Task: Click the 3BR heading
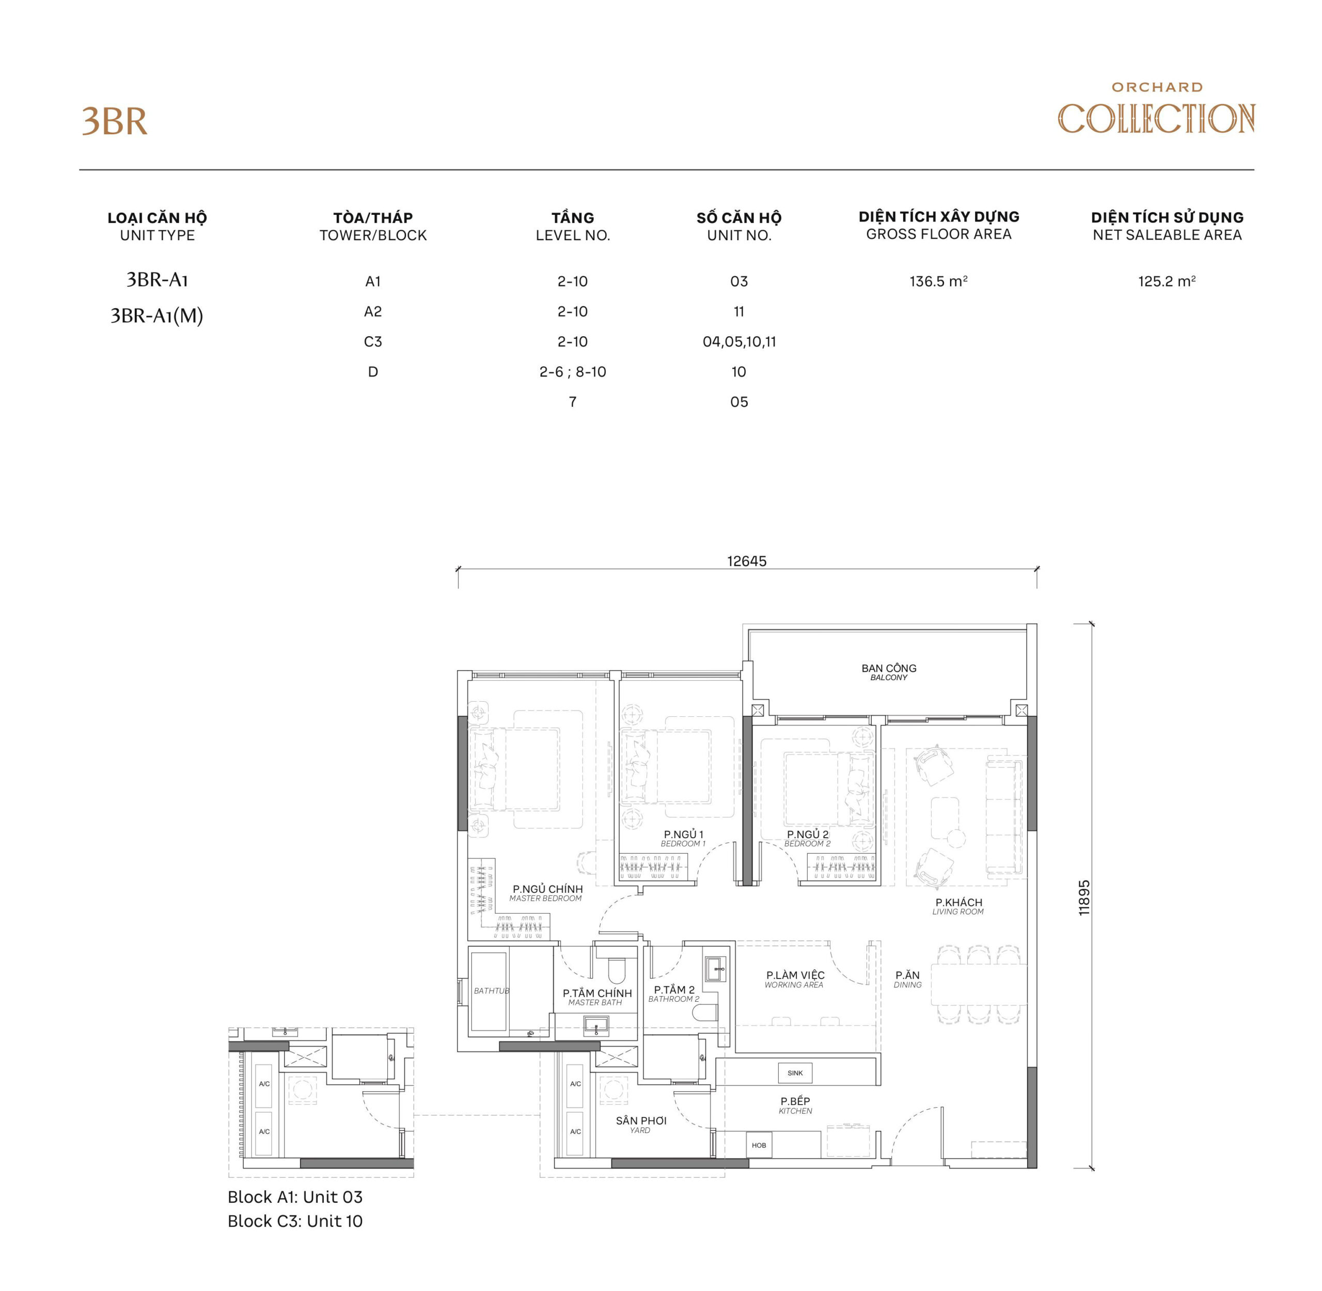point(115,122)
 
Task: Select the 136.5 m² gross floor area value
point(938,281)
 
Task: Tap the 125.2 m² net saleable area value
point(1166,281)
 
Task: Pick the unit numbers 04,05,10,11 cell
point(738,342)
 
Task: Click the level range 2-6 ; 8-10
point(572,372)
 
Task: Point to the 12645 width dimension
point(746,561)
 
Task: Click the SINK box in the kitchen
point(795,1073)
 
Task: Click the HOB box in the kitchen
point(758,1145)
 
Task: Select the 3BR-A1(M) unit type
point(156,316)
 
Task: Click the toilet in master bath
point(616,970)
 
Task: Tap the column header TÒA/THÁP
point(373,217)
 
